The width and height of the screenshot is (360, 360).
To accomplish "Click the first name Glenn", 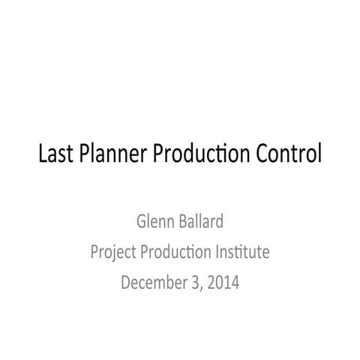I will coord(154,223).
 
